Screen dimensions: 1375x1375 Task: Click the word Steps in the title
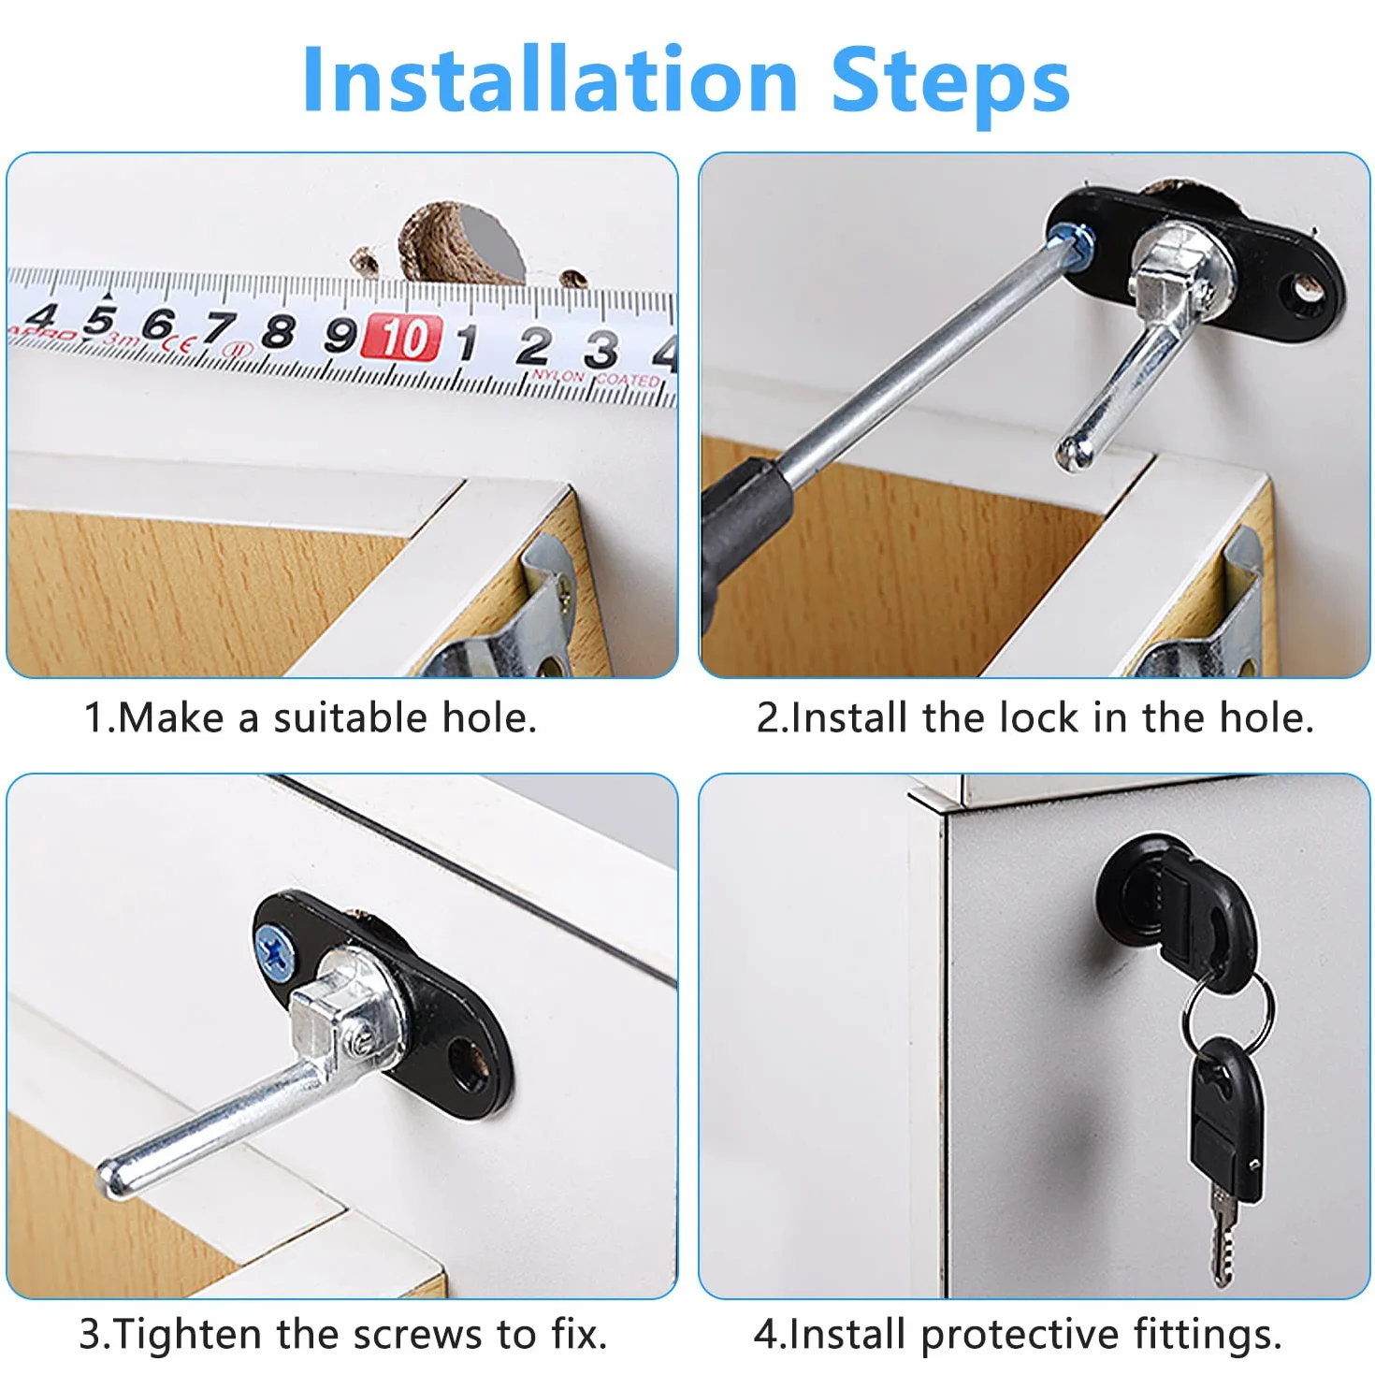(x=950, y=86)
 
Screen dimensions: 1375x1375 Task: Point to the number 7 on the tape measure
(x=218, y=328)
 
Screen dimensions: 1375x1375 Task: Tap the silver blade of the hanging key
(x=1222, y=1242)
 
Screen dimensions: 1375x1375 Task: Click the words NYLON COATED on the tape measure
(x=596, y=377)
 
